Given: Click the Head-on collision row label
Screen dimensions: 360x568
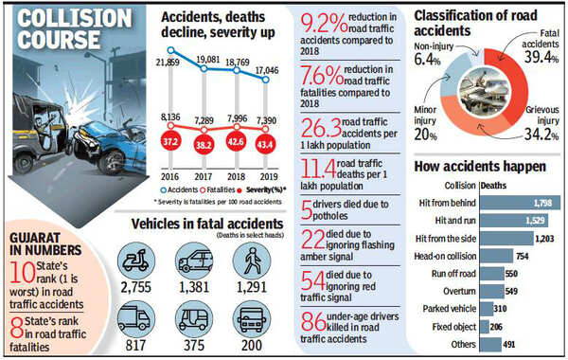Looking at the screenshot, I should coord(446,256).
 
